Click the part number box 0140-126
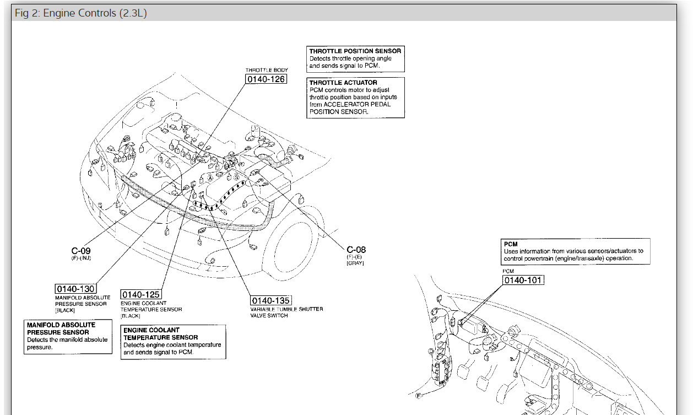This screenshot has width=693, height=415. pos(266,80)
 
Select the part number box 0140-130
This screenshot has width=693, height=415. pos(75,289)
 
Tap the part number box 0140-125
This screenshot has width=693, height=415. pos(140,295)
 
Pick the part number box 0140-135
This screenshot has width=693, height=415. pos(270,300)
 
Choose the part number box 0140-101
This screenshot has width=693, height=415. pos(523,280)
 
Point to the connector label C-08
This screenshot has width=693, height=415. pos(356,250)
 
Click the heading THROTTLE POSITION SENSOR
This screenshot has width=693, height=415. pos(355,51)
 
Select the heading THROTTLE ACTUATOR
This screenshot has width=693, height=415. pos(343,83)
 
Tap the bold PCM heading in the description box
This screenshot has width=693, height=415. pos(511,244)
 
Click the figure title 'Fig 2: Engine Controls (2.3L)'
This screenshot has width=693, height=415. pos(81,13)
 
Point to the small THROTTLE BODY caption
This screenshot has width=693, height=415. pos(267,70)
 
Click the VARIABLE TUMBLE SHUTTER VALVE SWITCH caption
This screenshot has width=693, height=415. pos(286,312)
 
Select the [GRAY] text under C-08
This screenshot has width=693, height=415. pos(355,263)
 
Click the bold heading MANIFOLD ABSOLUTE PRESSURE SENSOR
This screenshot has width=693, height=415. pos(61,328)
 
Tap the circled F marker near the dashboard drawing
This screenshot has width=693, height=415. pos(418,396)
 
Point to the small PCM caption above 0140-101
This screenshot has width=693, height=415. pos(508,271)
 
